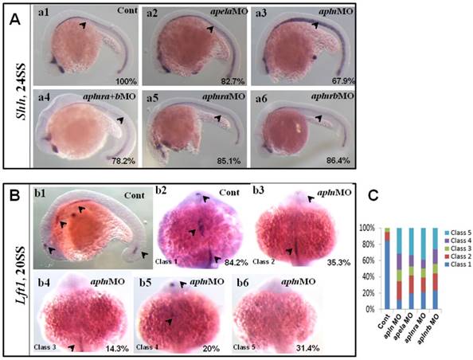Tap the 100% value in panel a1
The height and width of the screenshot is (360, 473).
120,81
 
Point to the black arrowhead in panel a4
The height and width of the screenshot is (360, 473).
119,120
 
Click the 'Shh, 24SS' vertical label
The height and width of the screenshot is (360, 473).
13,90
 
